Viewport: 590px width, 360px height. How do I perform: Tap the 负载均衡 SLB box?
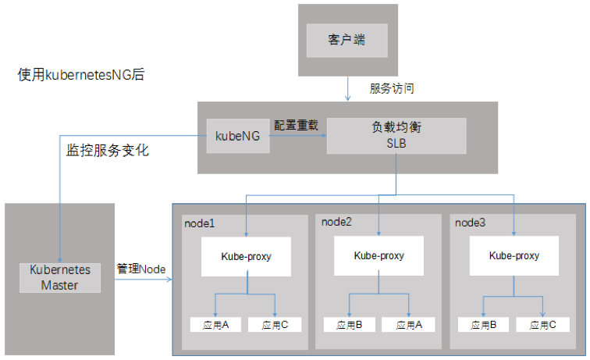[x=396, y=136]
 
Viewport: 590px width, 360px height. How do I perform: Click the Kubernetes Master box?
[x=60, y=277]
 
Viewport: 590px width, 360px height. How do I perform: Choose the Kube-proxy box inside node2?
[x=379, y=255]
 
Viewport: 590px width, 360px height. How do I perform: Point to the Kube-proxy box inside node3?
[x=514, y=255]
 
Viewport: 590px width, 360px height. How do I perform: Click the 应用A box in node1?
[x=213, y=325]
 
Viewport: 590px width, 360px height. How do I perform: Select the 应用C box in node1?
[x=275, y=325]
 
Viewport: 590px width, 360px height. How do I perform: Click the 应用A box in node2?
[x=408, y=325]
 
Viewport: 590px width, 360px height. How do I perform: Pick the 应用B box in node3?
[x=482, y=325]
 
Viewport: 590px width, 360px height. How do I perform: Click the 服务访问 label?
[x=391, y=88]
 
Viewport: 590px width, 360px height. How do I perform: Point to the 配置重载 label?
[x=296, y=124]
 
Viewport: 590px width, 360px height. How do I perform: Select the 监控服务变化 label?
[x=107, y=150]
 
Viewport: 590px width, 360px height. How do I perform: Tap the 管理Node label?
[x=141, y=269]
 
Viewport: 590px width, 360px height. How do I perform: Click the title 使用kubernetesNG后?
[x=81, y=76]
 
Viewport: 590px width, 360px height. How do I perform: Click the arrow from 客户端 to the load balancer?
[x=347, y=88]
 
